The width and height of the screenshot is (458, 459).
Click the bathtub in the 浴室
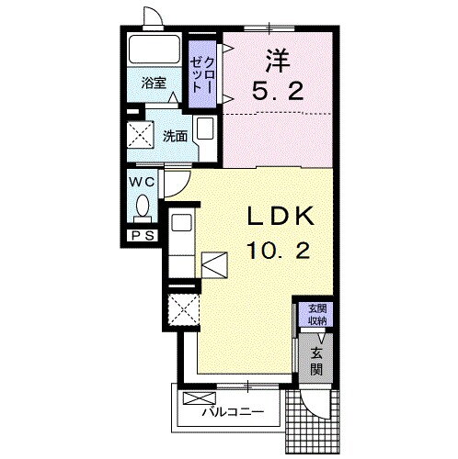[x=154, y=50]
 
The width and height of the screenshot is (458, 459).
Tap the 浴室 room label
[x=154, y=83]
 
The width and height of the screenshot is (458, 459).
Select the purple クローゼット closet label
[x=201, y=75]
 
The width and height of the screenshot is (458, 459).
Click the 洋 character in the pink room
[x=278, y=61]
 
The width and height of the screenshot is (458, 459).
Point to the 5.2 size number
[x=278, y=90]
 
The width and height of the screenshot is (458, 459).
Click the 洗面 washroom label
[x=175, y=136]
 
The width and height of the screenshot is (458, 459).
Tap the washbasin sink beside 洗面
[x=205, y=129]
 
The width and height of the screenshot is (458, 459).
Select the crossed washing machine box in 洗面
[x=140, y=135]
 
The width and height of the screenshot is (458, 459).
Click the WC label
[x=142, y=183]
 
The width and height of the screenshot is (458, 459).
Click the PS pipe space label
[x=143, y=236]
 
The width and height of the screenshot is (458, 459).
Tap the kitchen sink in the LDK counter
[x=181, y=222]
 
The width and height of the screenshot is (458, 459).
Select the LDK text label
[x=281, y=216]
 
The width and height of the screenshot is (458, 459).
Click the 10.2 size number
[x=279, y=251]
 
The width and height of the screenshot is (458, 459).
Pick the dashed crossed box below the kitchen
[x=183, y=309]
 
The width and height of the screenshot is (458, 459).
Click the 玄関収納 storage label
[x=317, y=315]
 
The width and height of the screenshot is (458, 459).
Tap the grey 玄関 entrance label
[x=316, y=362]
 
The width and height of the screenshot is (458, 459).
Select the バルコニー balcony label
[x=233, y=412]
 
